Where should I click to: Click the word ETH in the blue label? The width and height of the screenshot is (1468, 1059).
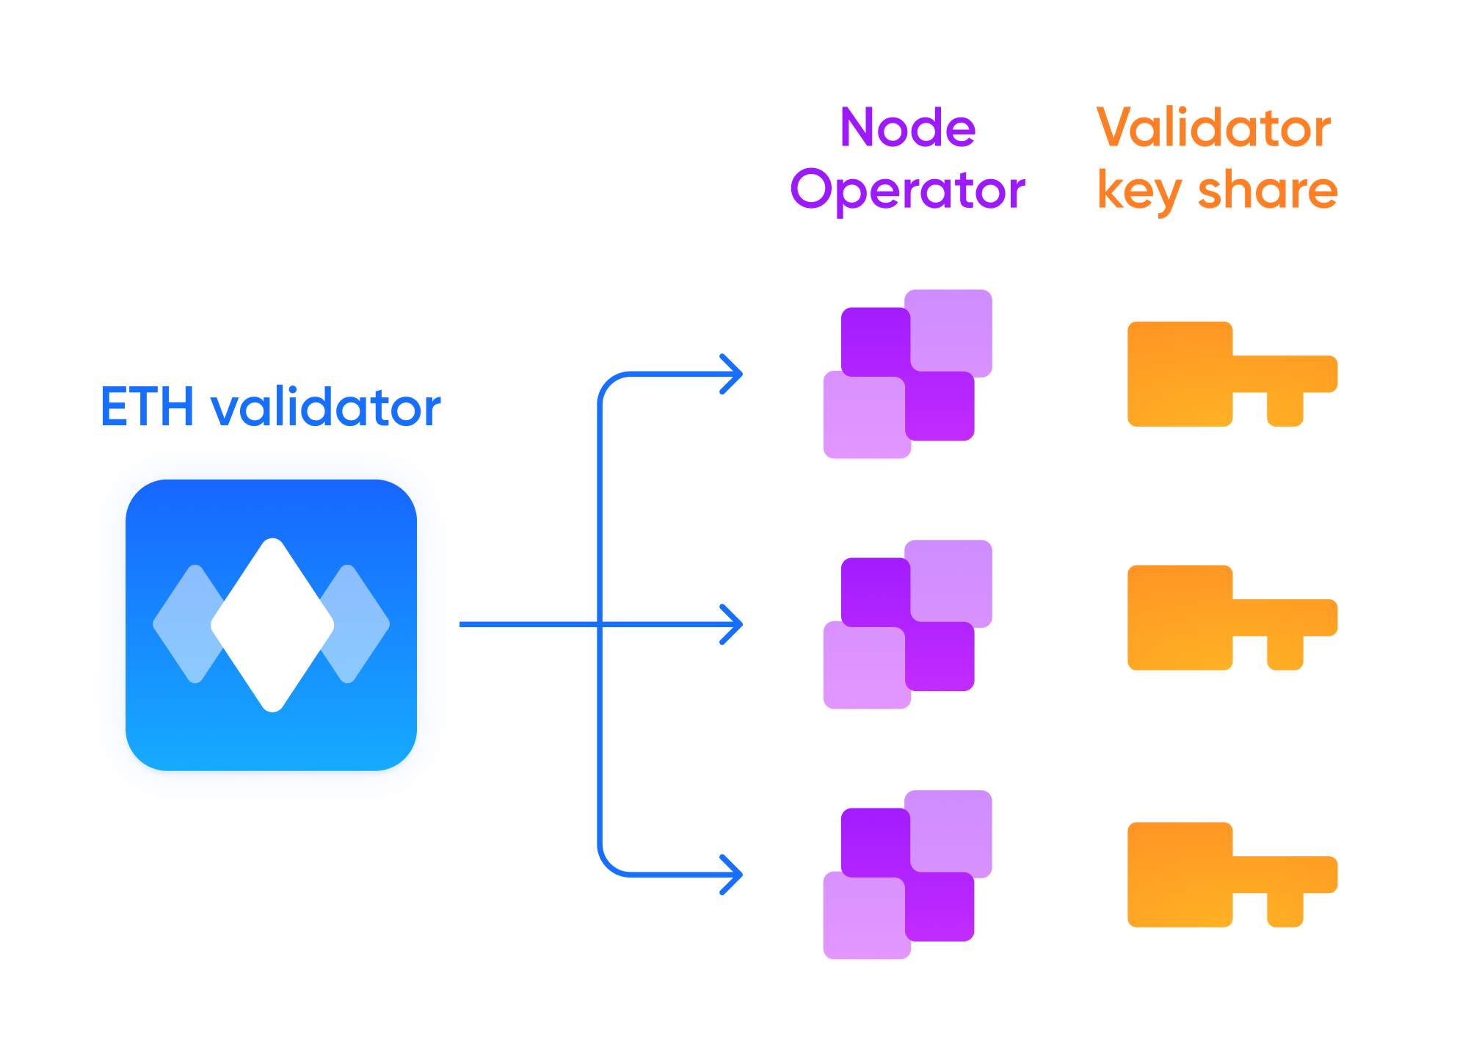(x=147, y=407)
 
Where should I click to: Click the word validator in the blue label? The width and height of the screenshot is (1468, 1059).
(x=325, y=407)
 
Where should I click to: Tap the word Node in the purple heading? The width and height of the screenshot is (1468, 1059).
(x=907, y=128)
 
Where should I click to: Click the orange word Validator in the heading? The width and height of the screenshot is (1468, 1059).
(x=1213, y=128)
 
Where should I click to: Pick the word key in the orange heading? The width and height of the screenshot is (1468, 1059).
(x=1138, y=191)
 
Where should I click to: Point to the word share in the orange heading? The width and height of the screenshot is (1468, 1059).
(x=1268, y=191)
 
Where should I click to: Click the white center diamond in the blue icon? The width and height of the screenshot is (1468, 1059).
(x=272, y=624)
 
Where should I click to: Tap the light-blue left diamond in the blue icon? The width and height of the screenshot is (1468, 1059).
(x=183, y=624)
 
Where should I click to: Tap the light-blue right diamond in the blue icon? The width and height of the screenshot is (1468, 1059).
(x=360, y=624)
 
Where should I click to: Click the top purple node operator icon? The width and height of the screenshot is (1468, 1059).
(x=907, y=374)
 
